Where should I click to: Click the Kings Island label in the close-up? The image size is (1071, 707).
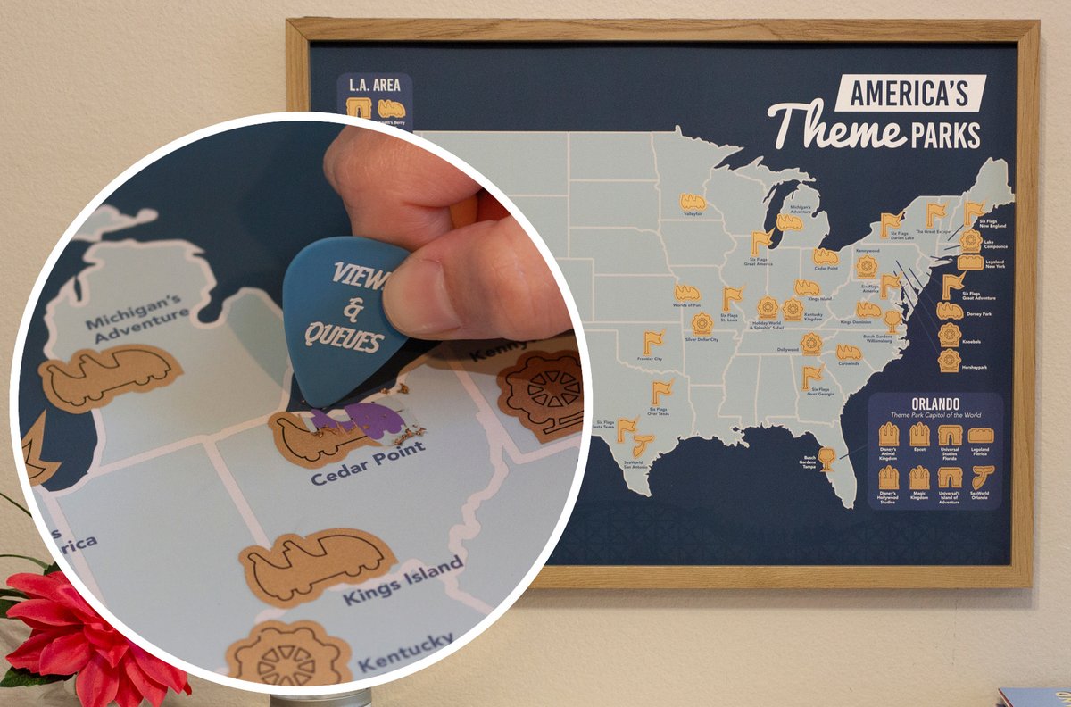coord(403,579)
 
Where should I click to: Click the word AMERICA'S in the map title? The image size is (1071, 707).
coord(909,92)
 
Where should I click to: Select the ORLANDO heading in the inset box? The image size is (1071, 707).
coord(935,403)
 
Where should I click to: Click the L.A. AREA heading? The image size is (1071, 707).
coord(373,87)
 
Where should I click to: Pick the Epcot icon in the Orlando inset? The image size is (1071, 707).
coord(919,435)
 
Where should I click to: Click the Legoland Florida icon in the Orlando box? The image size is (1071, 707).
coord(979,436)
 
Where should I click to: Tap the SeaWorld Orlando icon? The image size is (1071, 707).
coord(979,478)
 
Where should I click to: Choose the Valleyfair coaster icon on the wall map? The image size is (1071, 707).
coord(693,202)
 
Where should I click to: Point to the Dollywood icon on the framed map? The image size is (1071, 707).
coord(810,343)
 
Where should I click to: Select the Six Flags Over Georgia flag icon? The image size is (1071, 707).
coord(811,377)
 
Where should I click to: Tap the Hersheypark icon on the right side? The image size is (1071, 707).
coord(950,360)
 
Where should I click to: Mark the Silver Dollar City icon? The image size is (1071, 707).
coord(702,323)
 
